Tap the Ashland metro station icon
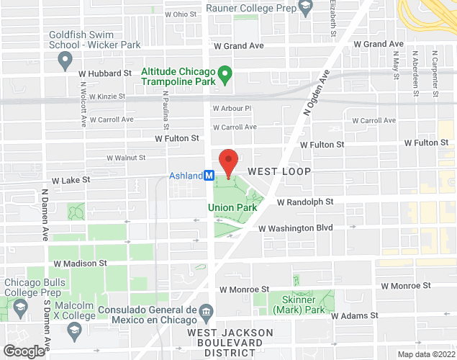(209, 175)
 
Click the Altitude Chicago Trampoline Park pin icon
(224, 73)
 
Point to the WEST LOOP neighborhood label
(279, 171)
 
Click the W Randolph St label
(306, 202)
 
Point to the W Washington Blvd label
(295, 228)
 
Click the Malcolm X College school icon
(73, 329)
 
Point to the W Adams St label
(355, 315)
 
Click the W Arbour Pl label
(231, 108)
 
